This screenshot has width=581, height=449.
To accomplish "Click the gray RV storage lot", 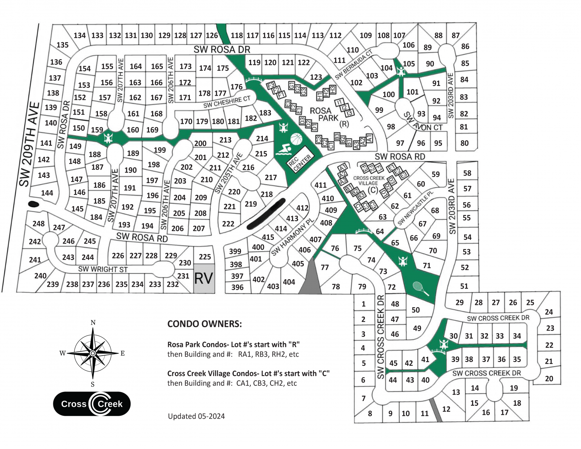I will tap(204, 278).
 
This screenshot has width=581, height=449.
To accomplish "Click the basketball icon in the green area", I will tap(297, 139).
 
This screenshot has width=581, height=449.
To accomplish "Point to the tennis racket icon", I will tap(421, 288).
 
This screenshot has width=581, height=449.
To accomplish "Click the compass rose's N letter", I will tap(93, 323).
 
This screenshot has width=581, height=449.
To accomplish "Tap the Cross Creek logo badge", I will tap(92, 404).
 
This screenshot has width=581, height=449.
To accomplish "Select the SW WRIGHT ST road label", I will tap(103, 269).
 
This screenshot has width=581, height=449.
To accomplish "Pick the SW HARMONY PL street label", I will tap(293, 238).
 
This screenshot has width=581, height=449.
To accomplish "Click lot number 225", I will tap(205, 257).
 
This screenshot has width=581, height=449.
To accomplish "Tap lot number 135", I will tap(62, 45).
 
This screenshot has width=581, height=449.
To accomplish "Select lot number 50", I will tap(416, 310).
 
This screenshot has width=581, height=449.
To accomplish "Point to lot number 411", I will tap(320, 185).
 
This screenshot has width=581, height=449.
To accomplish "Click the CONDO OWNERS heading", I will tap(204, 324).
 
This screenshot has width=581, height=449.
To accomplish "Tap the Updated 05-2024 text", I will tap(196, 416).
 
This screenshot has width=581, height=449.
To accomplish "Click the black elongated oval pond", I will tap(266, 214).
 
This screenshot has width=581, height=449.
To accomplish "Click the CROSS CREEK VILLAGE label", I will tap(368, 180).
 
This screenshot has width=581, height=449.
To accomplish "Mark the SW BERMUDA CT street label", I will tap(354, 64).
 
